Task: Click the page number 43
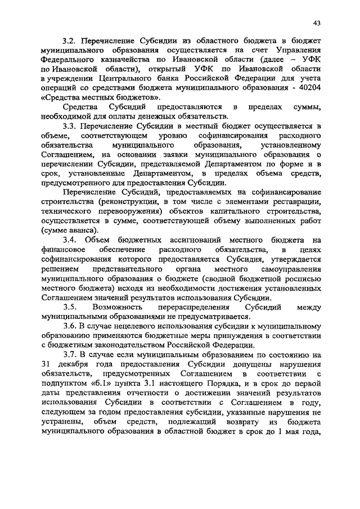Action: [x=317, y=22]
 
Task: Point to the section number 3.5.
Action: [x=70, y=307]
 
